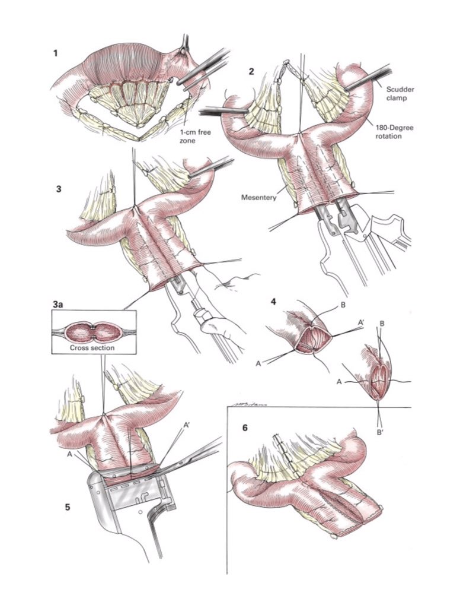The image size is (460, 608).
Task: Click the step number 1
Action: [x=55, y=53]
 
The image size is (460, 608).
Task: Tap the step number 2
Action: [x=251, y=71]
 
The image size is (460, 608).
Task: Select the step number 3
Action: [x=59, y=189]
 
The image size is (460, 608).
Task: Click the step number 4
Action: [x=274, y=301]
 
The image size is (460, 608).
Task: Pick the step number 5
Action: [x=68, y=507]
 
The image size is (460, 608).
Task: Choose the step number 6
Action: [x=244, y=428]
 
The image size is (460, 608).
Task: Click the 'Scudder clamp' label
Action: [x=400, y=93]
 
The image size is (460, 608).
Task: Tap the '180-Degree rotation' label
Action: [x=394, y=132]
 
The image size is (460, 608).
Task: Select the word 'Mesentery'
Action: [x=258, y=197]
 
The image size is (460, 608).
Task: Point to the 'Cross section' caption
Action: [x=92, y=348]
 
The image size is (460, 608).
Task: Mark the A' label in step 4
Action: [x=361, y=322]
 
